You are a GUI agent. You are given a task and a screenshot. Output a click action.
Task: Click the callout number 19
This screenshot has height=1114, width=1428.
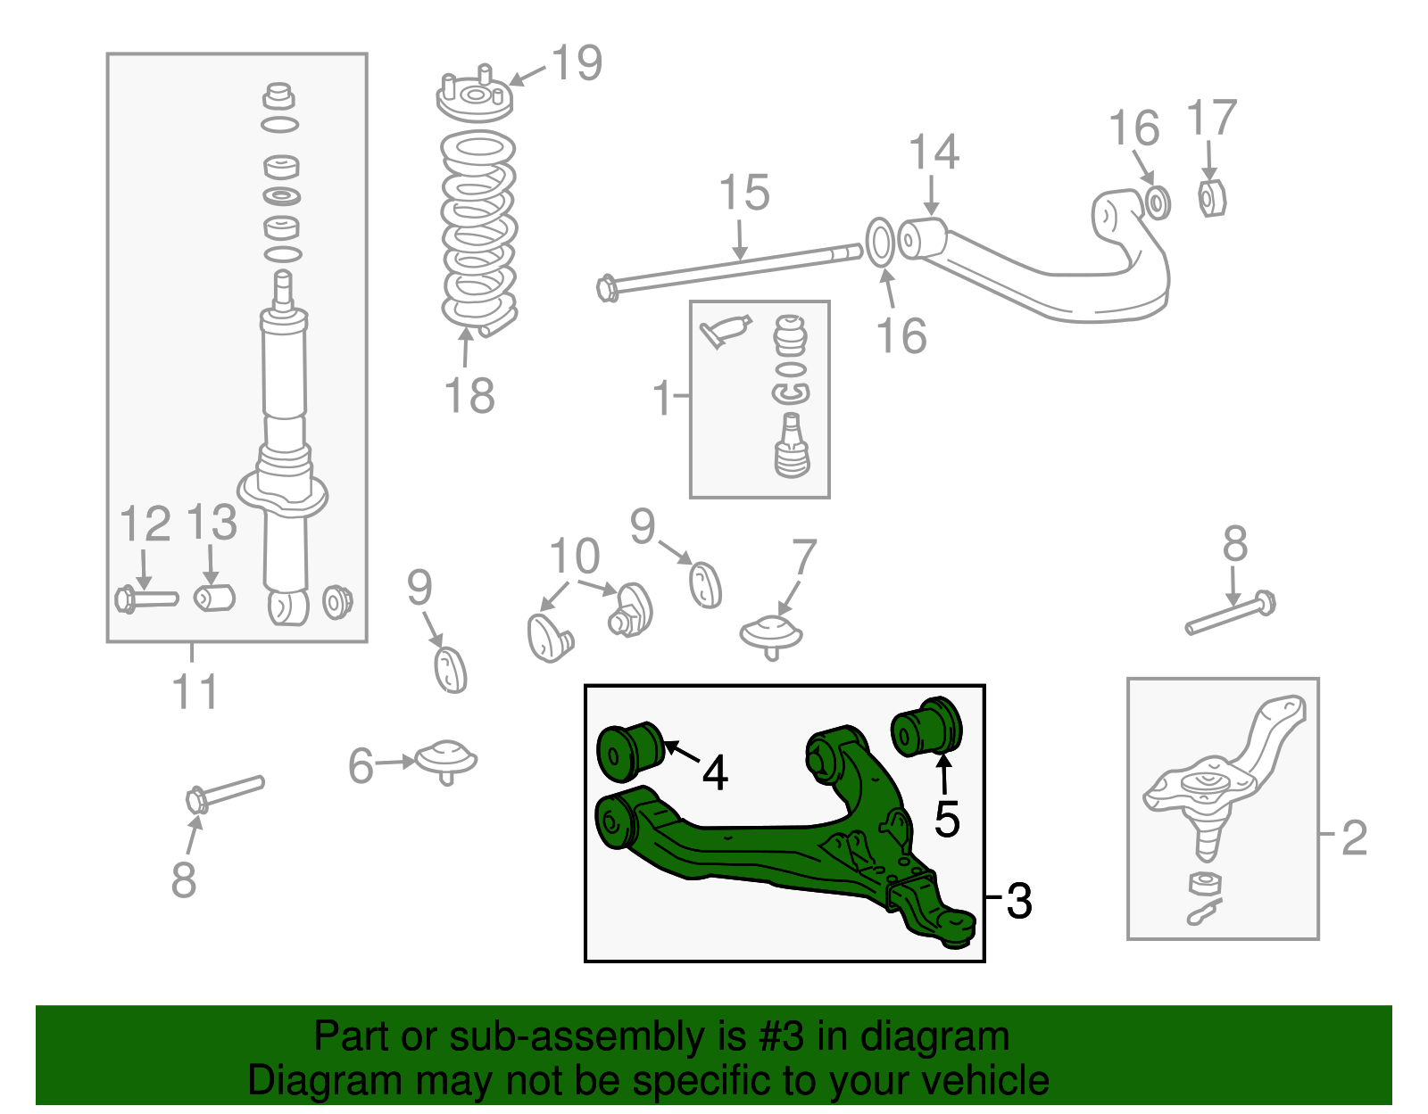[577, 63]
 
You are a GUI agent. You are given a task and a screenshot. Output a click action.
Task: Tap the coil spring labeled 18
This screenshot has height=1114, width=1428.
[479, 232]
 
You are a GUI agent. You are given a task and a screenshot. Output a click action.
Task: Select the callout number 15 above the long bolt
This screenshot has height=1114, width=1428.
[743, 194]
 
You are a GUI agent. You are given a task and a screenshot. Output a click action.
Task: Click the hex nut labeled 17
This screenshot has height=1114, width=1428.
[1211, 198]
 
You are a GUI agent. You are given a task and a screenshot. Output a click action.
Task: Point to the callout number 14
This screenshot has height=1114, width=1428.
[934, 153]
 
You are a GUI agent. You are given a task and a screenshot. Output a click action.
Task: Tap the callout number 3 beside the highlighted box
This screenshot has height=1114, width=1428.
[1018, 901]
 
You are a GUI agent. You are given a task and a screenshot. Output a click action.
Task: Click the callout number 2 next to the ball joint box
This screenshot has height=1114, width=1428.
[1354, 838]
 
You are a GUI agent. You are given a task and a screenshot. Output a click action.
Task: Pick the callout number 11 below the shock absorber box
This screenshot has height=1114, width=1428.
[195, 692]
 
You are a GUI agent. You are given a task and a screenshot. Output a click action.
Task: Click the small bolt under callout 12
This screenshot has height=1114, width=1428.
[146, 598]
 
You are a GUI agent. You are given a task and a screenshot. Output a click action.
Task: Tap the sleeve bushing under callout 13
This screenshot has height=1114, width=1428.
[214, 597]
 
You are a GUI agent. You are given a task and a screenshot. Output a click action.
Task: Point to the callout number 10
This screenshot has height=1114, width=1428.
[574, 557]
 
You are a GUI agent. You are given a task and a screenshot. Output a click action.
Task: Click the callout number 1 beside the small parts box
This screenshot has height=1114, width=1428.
[661, 398]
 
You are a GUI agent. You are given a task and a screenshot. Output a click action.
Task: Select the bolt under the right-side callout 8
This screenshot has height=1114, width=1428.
[1230, 615]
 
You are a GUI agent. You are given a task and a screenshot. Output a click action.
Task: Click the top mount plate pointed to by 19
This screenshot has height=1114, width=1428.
[475, 98]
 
